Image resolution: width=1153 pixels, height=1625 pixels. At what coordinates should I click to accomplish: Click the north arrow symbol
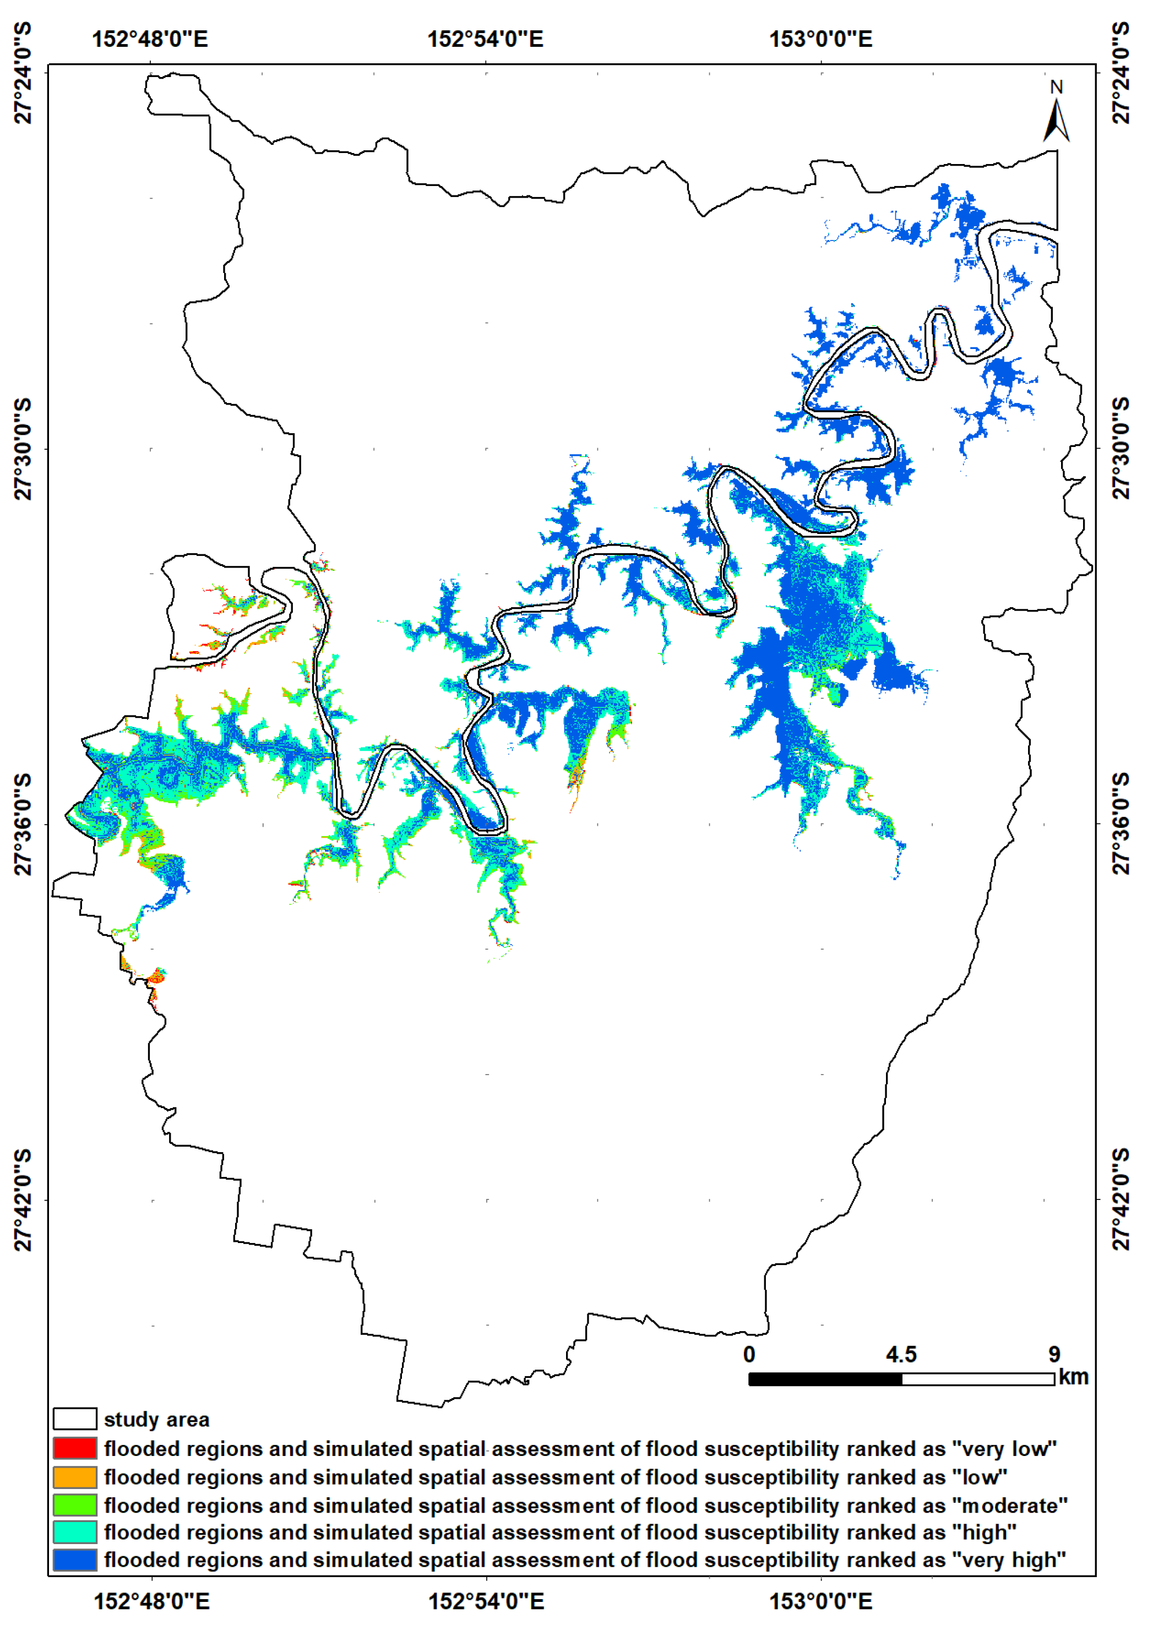coord(1057,121)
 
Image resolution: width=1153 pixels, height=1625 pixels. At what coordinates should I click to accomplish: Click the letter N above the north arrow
coord(1057,88)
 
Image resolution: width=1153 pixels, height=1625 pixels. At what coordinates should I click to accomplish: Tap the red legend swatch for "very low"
coord(74,1448)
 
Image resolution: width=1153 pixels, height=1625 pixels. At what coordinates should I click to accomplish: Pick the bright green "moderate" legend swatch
coord(74,1505)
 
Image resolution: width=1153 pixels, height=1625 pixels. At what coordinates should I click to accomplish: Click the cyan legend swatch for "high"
coord(74,1532)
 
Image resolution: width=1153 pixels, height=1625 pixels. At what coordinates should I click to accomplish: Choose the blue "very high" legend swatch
coord(74,1559)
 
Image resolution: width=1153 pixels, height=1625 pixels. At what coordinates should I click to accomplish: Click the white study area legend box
coord(74,1419)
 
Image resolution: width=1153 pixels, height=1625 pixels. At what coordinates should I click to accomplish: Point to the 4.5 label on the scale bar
coord(901,1355)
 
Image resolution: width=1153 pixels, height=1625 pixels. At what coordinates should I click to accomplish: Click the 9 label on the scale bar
coord(1054,1355)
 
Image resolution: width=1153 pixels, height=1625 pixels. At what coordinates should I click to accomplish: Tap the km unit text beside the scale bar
coord(1073,1377)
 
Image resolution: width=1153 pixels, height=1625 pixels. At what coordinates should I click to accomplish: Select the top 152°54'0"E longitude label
coord(485,39)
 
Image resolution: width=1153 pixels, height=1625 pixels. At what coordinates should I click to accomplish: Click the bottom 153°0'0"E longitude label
coord(821,1601)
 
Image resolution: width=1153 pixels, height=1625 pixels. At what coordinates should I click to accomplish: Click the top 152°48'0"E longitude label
coord(150,39)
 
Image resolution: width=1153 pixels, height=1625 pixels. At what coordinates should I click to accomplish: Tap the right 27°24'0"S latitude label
coord(1121,72)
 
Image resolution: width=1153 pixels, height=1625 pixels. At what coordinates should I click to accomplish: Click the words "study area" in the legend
coord(156,1420)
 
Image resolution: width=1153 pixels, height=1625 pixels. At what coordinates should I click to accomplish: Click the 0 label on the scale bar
coord(749,1355)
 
